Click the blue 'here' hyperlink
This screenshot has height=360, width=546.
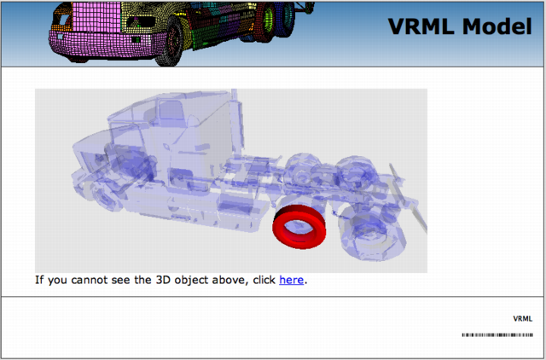point(291,280)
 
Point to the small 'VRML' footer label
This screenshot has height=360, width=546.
point(522,318)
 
